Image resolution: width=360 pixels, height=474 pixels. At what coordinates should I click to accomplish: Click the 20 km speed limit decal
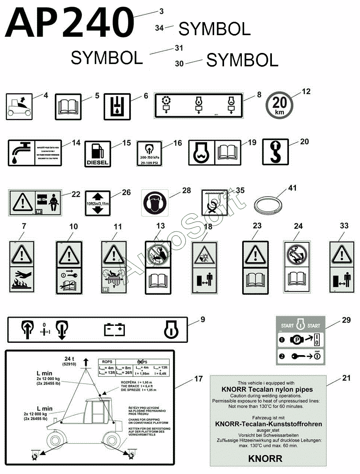coord(280,105)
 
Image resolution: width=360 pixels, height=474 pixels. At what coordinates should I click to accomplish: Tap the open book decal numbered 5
coord(68,107)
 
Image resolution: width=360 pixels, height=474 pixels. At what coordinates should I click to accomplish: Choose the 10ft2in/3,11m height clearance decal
coord(97,203)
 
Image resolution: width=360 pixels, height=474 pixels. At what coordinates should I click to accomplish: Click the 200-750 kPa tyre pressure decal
coord(149,153)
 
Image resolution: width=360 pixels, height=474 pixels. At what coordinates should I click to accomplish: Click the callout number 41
coord(292,188)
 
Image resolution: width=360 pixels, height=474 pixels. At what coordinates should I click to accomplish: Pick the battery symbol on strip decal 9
coord(114,329)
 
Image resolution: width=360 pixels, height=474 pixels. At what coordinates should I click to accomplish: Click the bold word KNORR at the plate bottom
coord(265,459)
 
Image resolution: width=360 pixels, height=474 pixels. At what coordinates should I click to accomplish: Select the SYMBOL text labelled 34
coord(215,29)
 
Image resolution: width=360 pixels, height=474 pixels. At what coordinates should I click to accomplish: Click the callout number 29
coord(346,320)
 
